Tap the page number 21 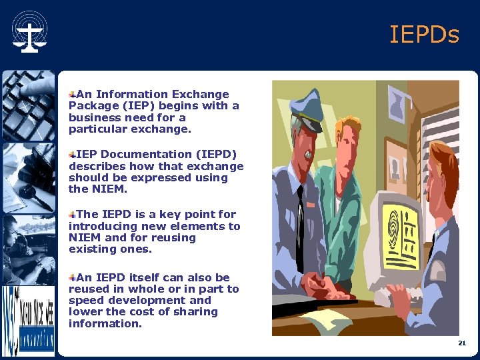(461, 343)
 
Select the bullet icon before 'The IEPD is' (73, 215)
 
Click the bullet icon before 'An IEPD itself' (73, 277)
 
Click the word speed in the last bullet (86, 301)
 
